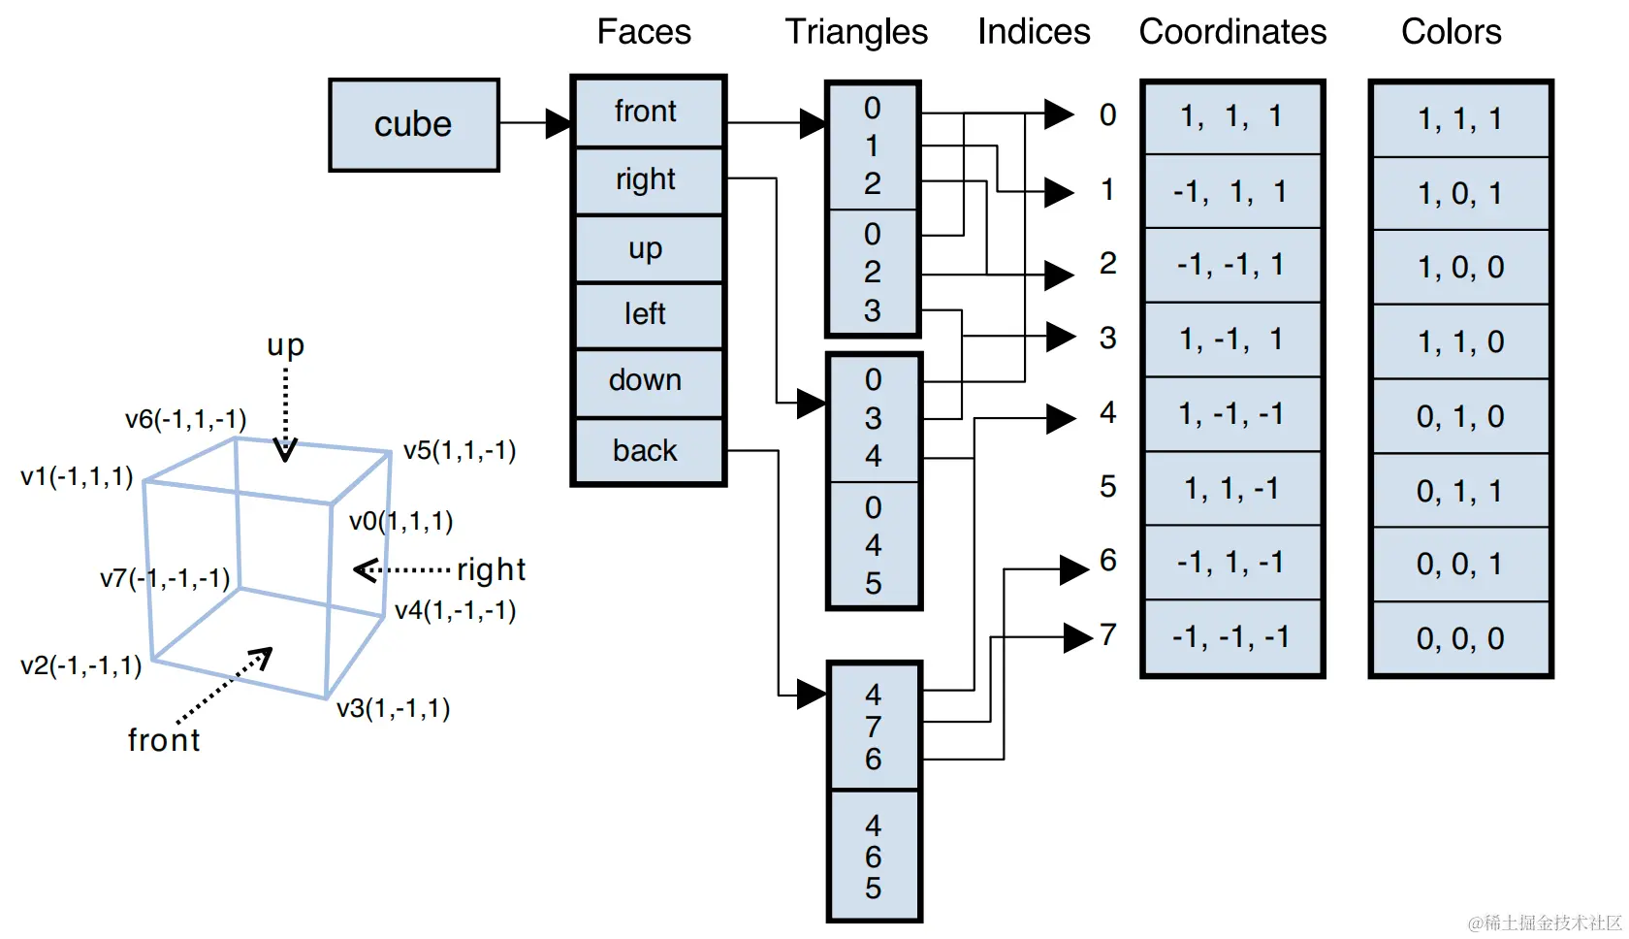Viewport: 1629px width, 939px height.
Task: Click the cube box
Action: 414,125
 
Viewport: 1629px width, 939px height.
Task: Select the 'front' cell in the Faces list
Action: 646,112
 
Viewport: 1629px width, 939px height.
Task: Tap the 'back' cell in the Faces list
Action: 646,451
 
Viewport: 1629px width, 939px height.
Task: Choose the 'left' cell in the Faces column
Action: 646,314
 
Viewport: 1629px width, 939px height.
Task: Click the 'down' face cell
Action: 646,380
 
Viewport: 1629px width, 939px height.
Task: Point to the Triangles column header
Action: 856,32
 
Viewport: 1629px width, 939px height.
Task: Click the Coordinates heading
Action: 1232,32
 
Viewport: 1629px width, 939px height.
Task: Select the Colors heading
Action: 1451,32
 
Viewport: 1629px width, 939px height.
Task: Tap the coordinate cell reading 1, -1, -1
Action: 1231,414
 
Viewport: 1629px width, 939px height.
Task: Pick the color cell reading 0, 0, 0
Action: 1460,638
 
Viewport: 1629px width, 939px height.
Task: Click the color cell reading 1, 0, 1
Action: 1460,194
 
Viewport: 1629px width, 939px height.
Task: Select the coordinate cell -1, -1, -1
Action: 1231,637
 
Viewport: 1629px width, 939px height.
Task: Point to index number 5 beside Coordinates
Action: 1108,487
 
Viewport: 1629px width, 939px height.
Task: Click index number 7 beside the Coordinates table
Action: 1108,635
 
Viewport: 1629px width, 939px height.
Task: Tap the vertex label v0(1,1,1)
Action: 401,522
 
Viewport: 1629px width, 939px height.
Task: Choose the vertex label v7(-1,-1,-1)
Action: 165,579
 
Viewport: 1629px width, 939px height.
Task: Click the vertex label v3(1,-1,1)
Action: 394,708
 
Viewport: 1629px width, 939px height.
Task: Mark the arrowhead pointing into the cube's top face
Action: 285,450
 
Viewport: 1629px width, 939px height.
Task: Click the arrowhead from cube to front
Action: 559,124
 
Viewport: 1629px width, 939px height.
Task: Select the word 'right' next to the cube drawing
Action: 491,569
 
